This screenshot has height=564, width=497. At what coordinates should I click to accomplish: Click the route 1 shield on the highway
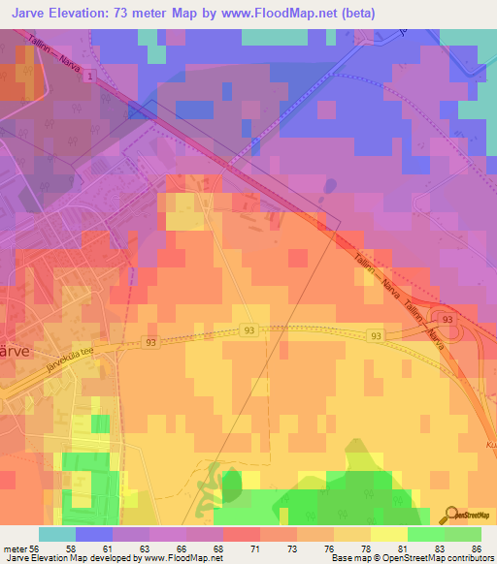click(90, 75)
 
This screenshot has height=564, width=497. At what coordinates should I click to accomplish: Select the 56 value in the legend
click(36, 548)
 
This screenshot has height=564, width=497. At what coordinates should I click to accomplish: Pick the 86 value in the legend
click(476, 548)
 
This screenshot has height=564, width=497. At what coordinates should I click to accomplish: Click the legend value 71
click(255, 548)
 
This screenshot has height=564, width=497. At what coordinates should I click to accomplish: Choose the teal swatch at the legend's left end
click(56, 534)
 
